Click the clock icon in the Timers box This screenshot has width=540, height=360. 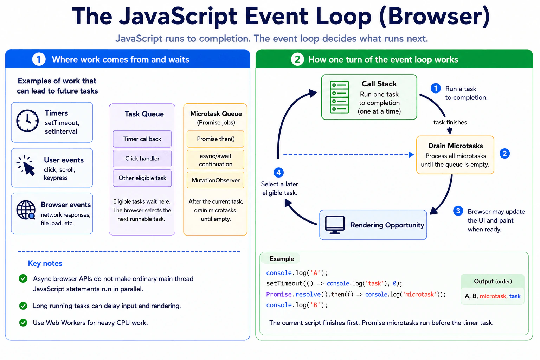[x=27, y=121]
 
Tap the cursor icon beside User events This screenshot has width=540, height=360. [x=26, y=166]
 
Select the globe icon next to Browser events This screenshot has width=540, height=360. [x=26, y=210]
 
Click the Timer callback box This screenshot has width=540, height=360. [x=142, y=139]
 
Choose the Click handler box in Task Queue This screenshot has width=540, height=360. [x=142, y=159]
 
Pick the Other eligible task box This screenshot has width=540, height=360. [x=142, y=178]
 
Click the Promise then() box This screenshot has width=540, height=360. [x=216, y=139]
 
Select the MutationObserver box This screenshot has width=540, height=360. [x=216, y=180]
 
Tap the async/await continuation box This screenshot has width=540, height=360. [x=216, y=160]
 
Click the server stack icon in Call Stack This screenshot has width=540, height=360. [x=339, y=97]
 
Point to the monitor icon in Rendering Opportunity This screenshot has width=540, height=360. [x=335, y=225]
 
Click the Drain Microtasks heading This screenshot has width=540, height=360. [x=455, y=146]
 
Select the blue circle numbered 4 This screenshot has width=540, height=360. [x=279, y=172]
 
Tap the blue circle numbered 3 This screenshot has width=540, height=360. [x=458, y=211]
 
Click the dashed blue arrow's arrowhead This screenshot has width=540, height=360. [x=411, y=155]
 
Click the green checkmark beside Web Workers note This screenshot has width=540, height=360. [x=23, y=322]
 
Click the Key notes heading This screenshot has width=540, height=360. [x=45, y=263]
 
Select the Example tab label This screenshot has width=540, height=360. [x=282, y=259]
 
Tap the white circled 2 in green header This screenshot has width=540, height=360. [x=297, y=59]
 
